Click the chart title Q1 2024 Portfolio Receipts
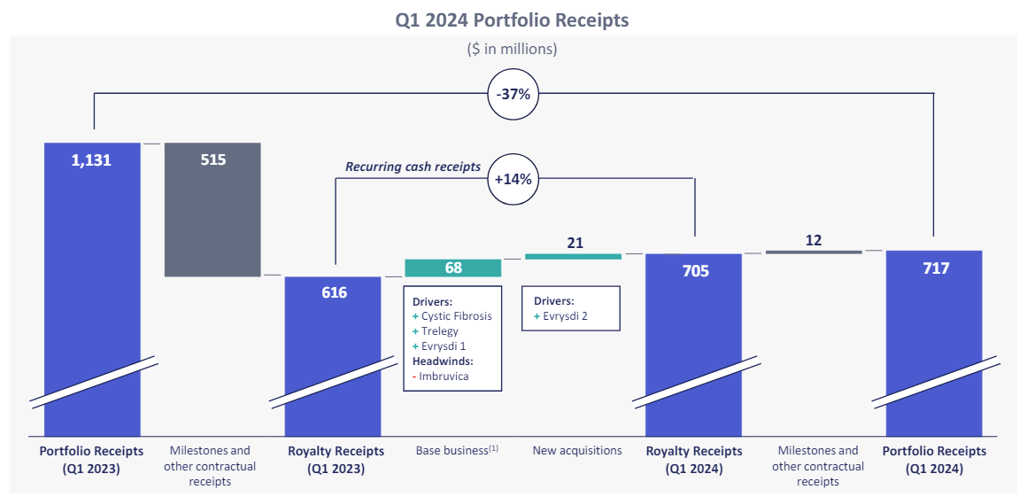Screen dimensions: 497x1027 coord(512,19)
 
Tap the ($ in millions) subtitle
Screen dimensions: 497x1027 coord(512,49)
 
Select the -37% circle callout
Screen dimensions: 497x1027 coord(513,93)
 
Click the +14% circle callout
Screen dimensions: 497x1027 coord(513,178)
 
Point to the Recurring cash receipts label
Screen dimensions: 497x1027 coord(413,167)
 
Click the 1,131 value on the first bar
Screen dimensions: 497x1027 coord(92,160)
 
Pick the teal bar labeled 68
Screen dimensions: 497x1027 coord(452,268)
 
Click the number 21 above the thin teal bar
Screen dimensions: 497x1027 coord(574,243)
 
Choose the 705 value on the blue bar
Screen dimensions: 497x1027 coord(695,271)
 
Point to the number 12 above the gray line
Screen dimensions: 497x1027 coord(814,240)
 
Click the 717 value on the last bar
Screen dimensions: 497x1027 coord(934,268)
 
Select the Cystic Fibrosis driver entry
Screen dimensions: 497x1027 coord(455,316)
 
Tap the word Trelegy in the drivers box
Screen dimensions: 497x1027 coord(439,331)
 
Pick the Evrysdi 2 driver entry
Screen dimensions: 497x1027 coord(563,316)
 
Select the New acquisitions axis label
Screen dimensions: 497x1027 coord(576,450)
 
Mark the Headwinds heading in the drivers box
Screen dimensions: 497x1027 coord(443,361)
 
